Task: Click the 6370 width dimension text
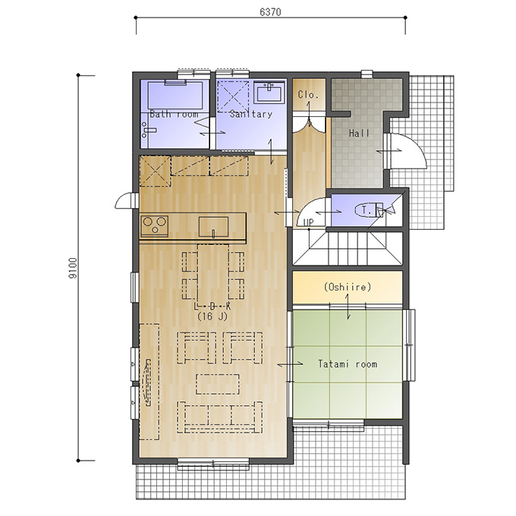point(270,12)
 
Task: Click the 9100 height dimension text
point(73,268)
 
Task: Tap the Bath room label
point(174,114)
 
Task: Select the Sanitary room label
point(251,114)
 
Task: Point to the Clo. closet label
point(308,95)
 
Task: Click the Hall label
point(359,134)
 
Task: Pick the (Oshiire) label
point(348,287)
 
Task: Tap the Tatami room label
point(348,364)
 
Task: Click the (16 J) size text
point(212,316)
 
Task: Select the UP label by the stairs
point(309,223)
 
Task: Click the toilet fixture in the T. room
point(369,210)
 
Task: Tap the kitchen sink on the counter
point(213,227)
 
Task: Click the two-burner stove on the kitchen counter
point(154,226)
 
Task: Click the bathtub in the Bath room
point(175,95)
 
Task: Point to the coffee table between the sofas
point(218,384)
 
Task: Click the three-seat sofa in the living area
point(219,417)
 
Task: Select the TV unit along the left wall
point(149,382)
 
